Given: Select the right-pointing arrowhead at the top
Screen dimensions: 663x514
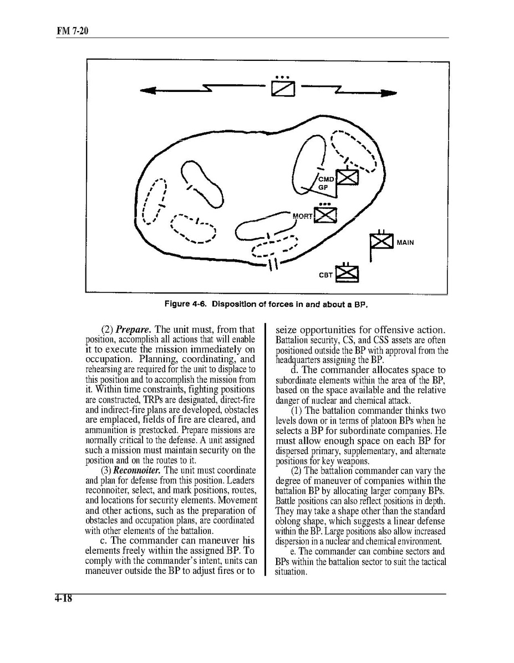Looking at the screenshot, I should tap(390, 93).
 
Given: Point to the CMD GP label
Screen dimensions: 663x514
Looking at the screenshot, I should tap(325, 183).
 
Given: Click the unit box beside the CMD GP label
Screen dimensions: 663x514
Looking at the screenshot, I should tap(348, 177).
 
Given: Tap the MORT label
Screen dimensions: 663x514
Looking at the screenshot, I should tap(302, 215).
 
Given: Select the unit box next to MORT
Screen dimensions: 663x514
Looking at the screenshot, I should tap(326, 214).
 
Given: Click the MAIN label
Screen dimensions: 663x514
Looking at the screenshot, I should tap(405, 242).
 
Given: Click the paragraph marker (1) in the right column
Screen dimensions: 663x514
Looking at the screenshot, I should tap(297, 410).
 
